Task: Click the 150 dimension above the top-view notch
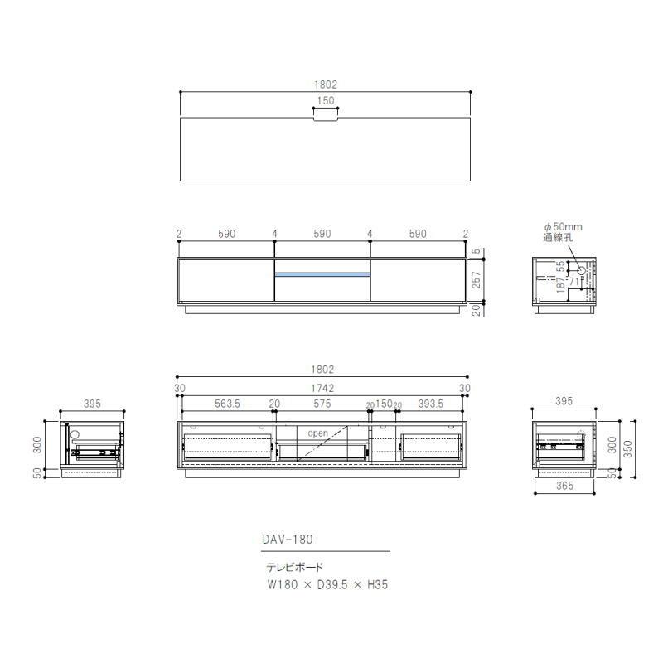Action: pos(326,101)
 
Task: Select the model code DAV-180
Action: pos(288,538)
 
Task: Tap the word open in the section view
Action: pos(318,433)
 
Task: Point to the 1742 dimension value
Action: pos(325,388)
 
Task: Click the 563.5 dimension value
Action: pos(228,404)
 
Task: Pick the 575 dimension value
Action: pos(322,404)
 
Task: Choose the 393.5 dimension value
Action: pos(431,404)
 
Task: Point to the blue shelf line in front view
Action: pos(322,274)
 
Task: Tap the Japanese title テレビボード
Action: pos(295,569)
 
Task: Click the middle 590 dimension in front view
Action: pos(322,235)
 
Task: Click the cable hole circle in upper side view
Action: pos(581,271)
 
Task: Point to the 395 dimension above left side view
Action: pos(92,404)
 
